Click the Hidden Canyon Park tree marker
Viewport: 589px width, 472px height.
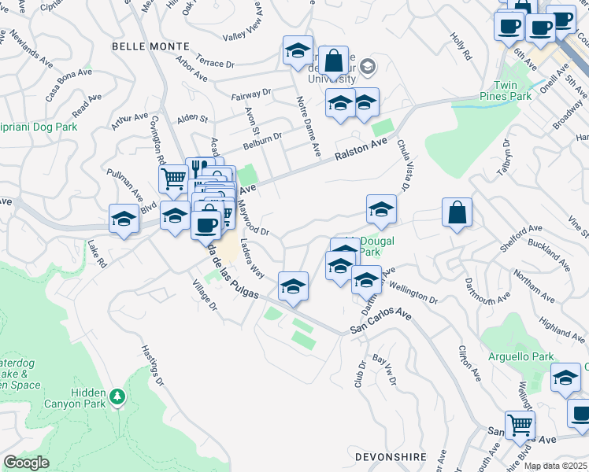coord(117,396)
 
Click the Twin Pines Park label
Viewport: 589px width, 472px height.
coord(513,90)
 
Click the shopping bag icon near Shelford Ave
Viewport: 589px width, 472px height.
coord(457,212)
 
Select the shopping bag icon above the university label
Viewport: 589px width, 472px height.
coord(334,61)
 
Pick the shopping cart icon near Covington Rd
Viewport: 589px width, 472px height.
coord(173,179)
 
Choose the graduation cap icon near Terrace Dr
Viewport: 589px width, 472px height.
coord(298,51)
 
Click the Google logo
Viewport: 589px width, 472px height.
coord(27,463)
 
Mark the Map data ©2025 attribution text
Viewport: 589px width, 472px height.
coord(556,466)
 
